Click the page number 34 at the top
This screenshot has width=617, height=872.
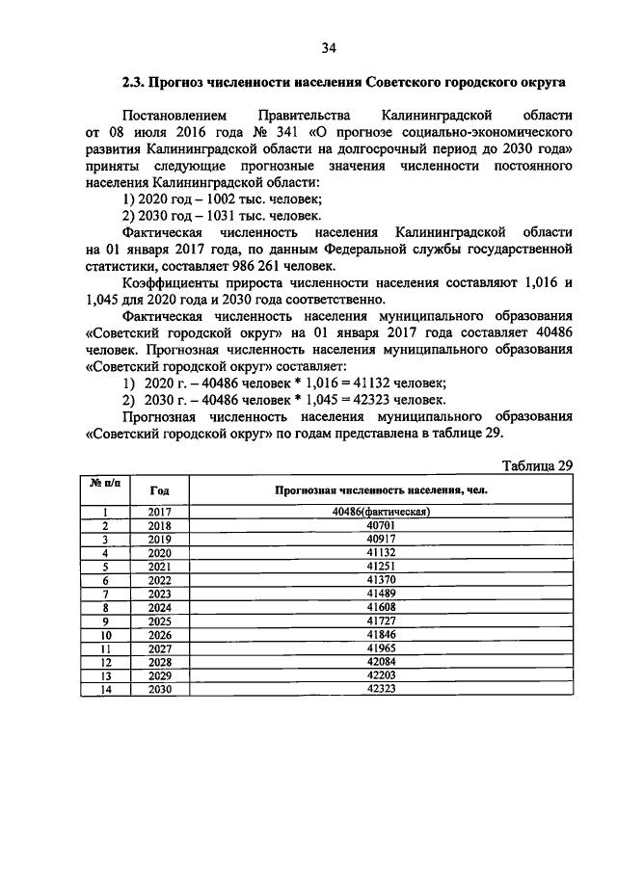[x=328, y=47]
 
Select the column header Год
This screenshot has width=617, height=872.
[x=160, y=490]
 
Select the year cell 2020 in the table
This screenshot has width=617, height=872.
[x=160, y=554]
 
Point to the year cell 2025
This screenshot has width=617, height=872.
[x=160, y=623]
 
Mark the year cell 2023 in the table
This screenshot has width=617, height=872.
[x=160, y=595]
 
